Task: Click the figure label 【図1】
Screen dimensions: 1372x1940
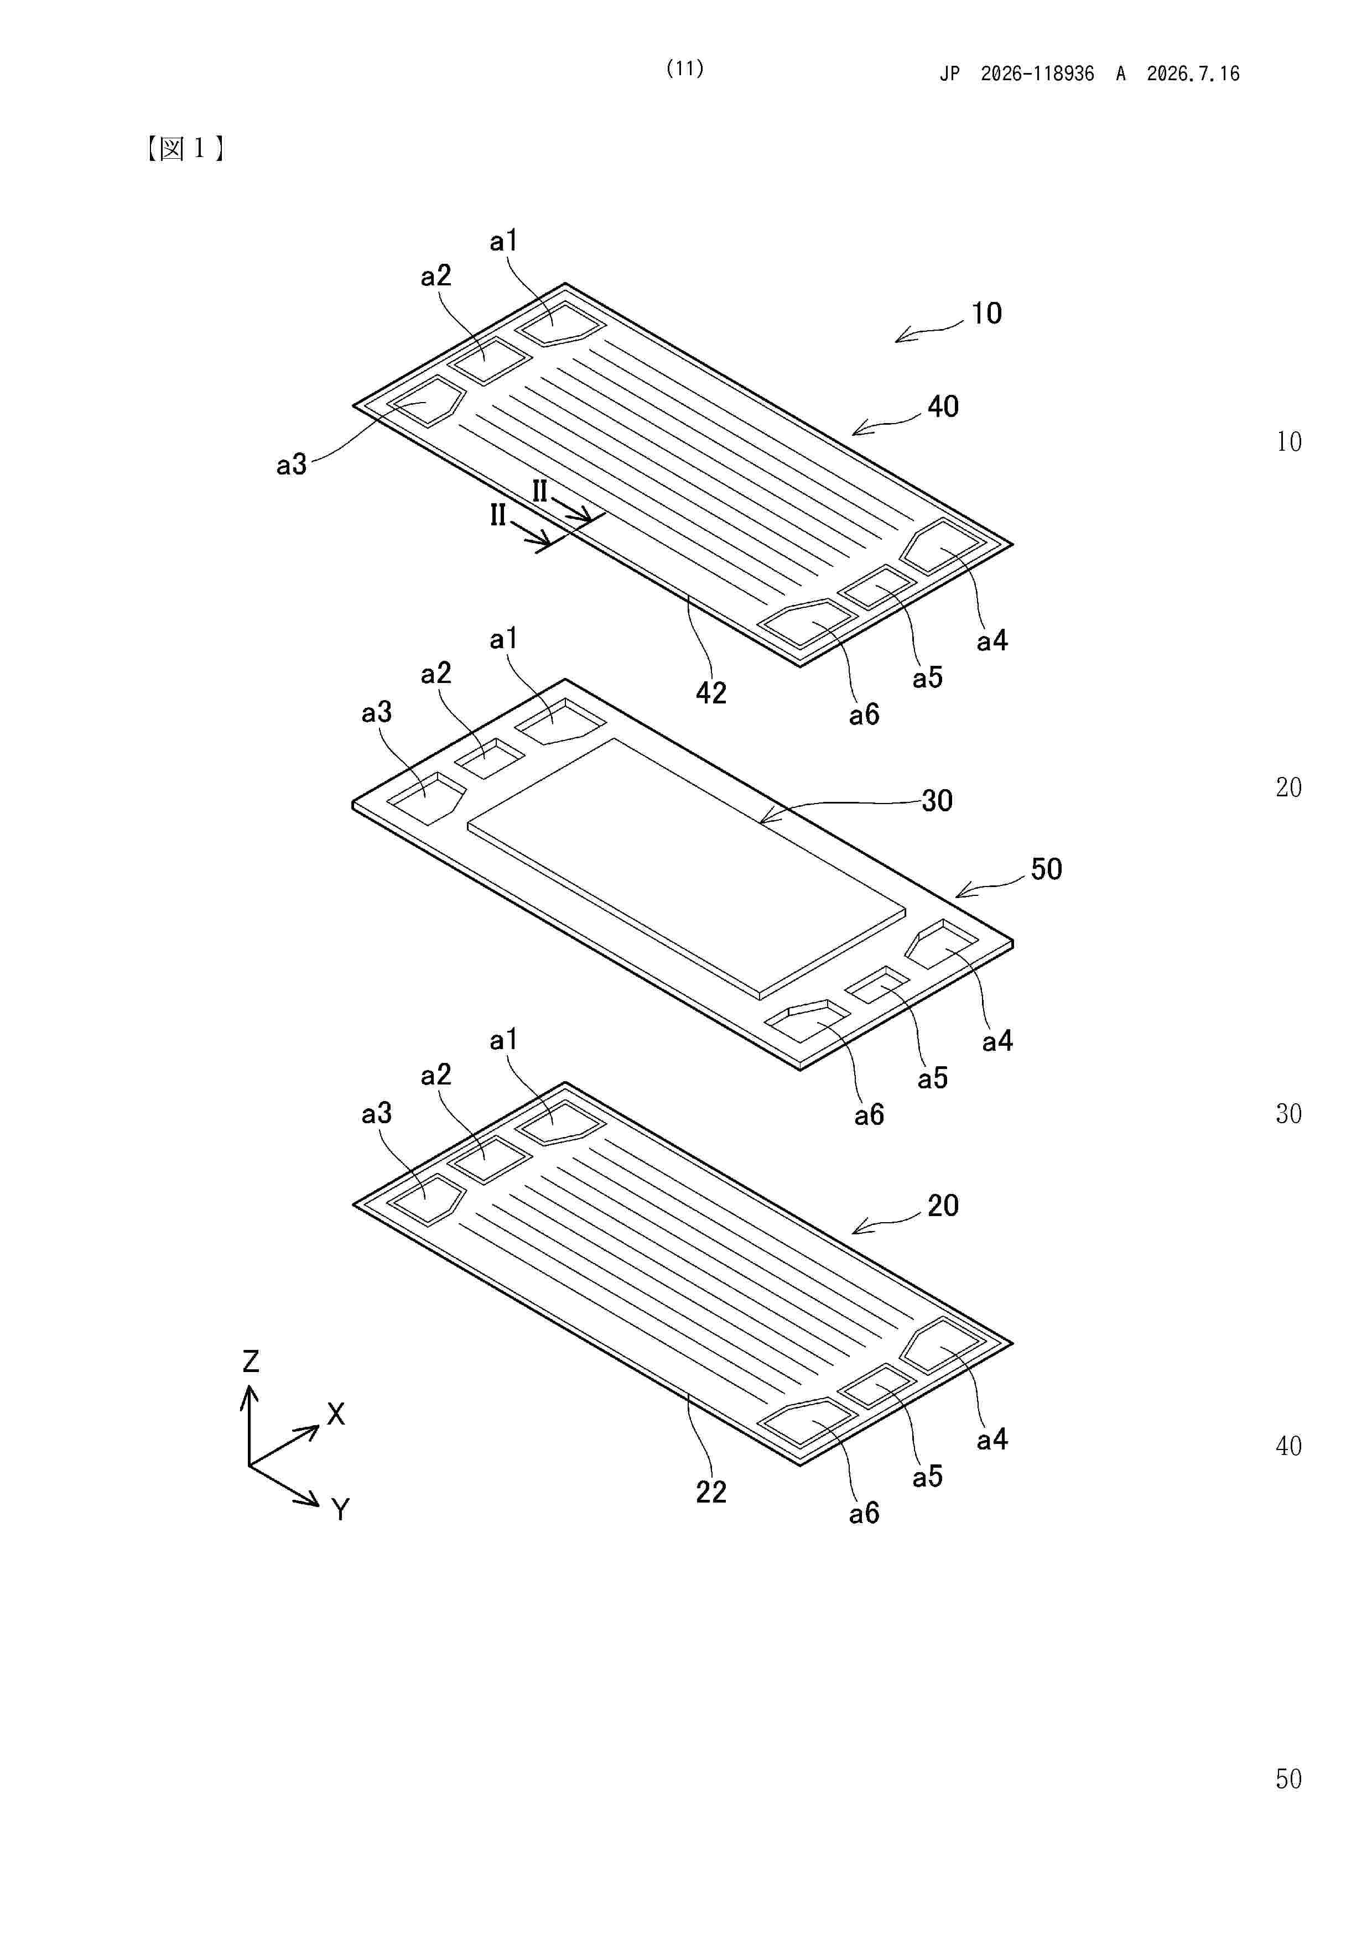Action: point(185,149)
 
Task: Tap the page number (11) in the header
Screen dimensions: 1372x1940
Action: point(685,69)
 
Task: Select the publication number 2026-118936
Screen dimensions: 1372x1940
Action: point(1037,74)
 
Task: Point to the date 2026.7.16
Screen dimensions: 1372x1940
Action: point(1193,74)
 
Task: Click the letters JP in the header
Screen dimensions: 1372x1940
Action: point(950,74)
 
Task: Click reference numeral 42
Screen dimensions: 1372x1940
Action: point(711,693)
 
